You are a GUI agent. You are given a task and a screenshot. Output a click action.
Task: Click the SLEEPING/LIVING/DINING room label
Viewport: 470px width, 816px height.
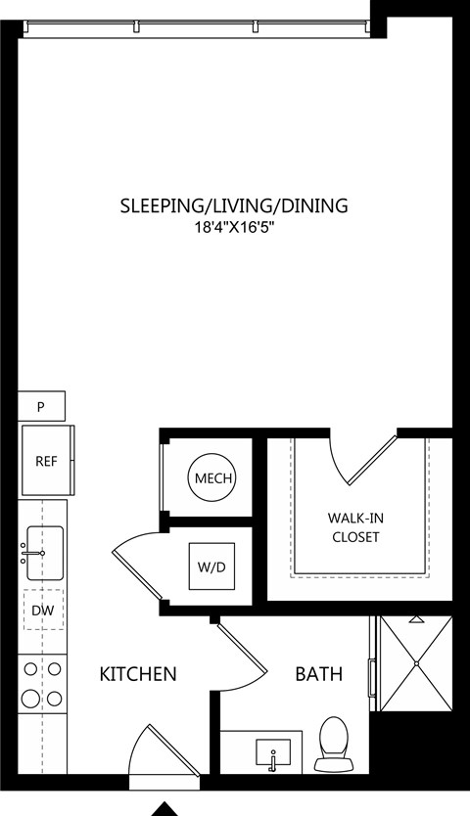click(x=234, y=205)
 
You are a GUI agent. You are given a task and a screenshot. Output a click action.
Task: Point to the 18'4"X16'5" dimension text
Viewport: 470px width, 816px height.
click(x=234, y=228)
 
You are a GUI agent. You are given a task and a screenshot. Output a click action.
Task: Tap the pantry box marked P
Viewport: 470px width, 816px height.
click(x=42, y=406)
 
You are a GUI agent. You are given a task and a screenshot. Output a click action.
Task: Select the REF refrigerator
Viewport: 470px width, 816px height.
click(x=46, y=461)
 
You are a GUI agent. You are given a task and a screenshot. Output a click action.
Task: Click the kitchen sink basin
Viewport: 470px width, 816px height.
click(x=45, y=553)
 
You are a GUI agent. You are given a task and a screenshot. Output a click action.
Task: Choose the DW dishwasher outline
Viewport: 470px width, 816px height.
click(x=44, y=610)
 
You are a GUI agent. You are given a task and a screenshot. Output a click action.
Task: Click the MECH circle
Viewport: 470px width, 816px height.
click(x=212, y=477)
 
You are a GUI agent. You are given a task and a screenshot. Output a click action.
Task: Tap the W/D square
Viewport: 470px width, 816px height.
click(x=211, y=567)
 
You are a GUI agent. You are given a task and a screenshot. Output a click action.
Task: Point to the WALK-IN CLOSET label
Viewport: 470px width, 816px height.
click(x=355, y=527)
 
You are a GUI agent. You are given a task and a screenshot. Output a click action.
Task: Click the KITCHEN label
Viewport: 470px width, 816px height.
click(x=138, y=674)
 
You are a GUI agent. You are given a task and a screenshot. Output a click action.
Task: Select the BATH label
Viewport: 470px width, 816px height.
click(x=319, y=674)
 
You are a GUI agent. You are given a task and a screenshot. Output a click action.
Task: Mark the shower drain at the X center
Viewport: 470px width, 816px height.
click(x=416, y=663)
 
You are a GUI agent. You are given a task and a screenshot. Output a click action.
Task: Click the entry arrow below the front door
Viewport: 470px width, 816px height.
click(x=165, y=809)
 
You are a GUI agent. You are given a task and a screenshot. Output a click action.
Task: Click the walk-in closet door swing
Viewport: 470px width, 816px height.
click(x=365, y=461)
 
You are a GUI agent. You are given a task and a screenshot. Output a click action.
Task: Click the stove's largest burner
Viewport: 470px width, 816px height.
click(x=30, y=698)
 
